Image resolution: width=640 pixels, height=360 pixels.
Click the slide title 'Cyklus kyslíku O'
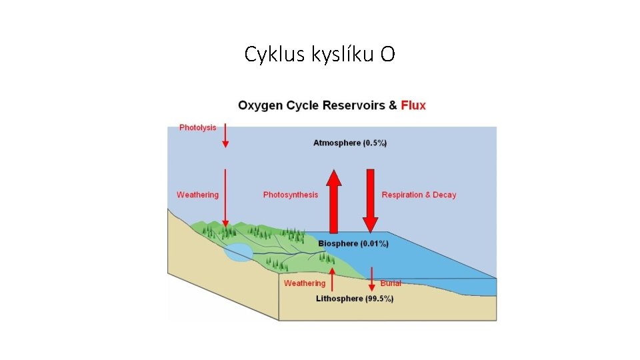click(x=319, y=54)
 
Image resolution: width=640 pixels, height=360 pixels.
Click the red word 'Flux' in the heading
click(x=413, y=105)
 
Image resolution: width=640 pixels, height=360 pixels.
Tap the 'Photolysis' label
click(x=197, y=127)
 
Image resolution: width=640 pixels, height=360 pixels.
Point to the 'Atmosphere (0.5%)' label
click(x=350, y=143)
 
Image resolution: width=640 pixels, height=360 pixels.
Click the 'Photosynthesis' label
click(x=291, y=195)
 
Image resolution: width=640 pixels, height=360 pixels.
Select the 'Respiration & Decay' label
click(x=419, y=195)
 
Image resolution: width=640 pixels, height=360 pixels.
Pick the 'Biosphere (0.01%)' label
click(x=353, y=243)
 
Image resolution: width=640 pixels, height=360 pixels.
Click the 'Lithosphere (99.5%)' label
click(x=354, y=299)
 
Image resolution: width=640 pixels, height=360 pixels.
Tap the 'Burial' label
click(x=391, y=283)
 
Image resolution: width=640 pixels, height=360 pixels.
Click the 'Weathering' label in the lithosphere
click(x=305, y=283)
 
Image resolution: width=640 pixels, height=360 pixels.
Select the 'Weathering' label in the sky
click(x=197, y=195)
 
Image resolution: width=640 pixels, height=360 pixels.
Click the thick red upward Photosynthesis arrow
click(x=334, y=200)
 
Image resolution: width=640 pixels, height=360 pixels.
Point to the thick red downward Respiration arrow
click(x=371, y=200)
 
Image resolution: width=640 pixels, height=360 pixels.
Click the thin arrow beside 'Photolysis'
click(x=225, y=135)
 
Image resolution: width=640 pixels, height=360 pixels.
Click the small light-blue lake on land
click(x=238, y=252)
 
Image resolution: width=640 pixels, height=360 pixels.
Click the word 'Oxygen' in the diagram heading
click(x=261, y=105)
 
